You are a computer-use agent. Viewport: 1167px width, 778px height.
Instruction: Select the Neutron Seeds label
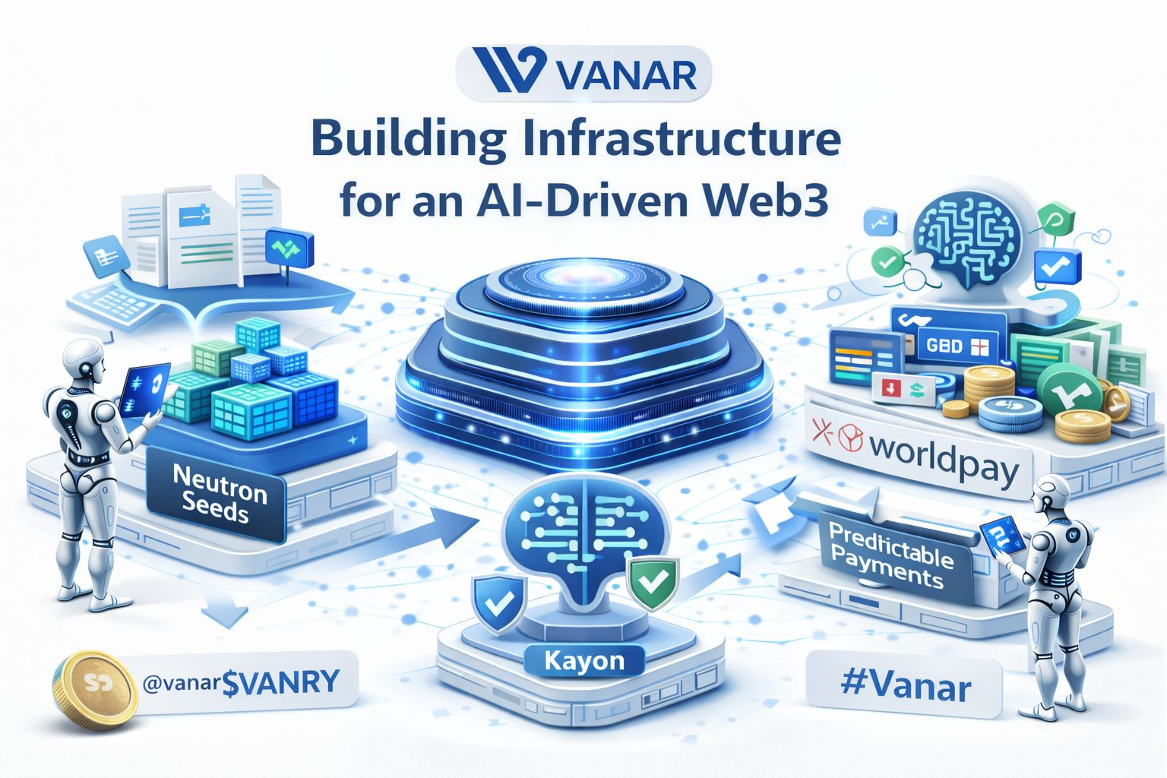[219, 495]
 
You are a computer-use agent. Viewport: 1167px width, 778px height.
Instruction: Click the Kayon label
[583, 660]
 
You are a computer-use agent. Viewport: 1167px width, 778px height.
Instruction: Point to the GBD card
[955, 346]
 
